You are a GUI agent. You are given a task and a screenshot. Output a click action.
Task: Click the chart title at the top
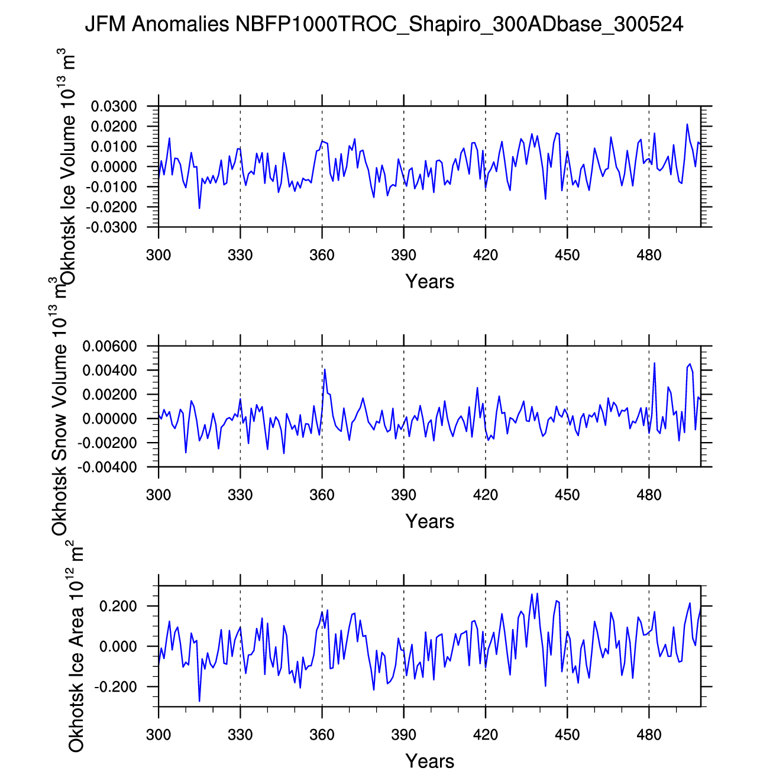(384, 24)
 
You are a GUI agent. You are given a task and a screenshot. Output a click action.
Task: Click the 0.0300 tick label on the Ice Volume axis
(114, 107)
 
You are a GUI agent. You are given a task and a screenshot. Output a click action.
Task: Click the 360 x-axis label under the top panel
(322, 256)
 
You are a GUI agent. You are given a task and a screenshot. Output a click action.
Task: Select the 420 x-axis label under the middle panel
(485, 495)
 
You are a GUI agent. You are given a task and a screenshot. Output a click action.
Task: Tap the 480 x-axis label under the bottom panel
(649, 735)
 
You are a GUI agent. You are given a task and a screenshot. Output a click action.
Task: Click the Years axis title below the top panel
(430, 282)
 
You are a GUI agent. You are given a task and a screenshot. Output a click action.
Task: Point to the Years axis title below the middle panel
(430, 521)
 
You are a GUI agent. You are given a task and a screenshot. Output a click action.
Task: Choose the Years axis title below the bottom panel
(430, 761)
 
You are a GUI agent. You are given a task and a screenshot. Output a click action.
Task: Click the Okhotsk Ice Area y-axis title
(76, 648)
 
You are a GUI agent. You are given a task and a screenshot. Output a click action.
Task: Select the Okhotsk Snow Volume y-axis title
(60, 408)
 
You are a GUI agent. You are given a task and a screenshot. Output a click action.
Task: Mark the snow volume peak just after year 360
(325, 369)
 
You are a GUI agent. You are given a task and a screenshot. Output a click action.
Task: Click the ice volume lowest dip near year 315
(199, 208)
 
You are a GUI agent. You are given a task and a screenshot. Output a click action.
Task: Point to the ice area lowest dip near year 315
(199, 701)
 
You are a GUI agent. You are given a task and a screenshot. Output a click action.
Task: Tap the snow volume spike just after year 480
(654, 363)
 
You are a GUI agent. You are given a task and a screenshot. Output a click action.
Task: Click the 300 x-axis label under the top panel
(159, 256)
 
